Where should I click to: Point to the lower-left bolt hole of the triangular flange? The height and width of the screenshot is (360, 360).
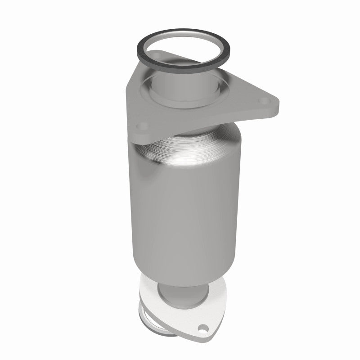pos(143,126)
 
